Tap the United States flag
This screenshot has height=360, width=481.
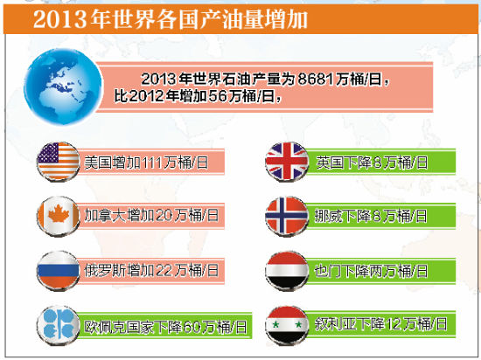click(59, 162)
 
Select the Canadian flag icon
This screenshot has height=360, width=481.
click(59, 214)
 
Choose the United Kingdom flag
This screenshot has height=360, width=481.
click(287, 162)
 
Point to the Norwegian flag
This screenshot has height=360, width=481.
click(287, 214)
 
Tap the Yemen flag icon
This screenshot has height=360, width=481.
click(287, 268)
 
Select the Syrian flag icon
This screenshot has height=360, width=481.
click(287, 322)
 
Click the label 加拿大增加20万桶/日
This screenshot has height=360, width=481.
click(151, 214)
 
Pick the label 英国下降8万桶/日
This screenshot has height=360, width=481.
click(372, 162)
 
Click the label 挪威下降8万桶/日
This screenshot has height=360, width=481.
click(372, 214)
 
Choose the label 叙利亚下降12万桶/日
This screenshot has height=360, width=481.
click(380, 324)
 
